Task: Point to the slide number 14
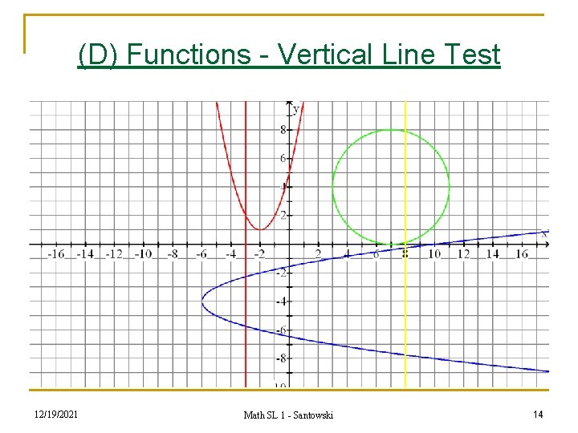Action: [x=537, y=414]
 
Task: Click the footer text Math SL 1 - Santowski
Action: [x=288, y=415]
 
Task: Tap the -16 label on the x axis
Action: [x=55, y=254]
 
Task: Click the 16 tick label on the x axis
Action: [x=521, y=254]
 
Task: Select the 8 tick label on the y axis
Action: [x=282, y=130]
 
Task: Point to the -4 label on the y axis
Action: [x=280, y=301]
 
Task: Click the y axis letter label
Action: [x=295, y=108]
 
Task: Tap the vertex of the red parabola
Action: [x=260, y=229]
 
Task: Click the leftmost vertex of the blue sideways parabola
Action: [x=202, y=301]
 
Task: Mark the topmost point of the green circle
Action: [x=391, y=130]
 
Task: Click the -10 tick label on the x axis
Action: [x=142, y=254]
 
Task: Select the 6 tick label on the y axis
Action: [x=282, y=159]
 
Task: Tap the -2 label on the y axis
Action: [x=280, y=273]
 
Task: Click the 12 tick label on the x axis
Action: [x=463, y=254]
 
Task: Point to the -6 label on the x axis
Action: [x=201, y=254]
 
